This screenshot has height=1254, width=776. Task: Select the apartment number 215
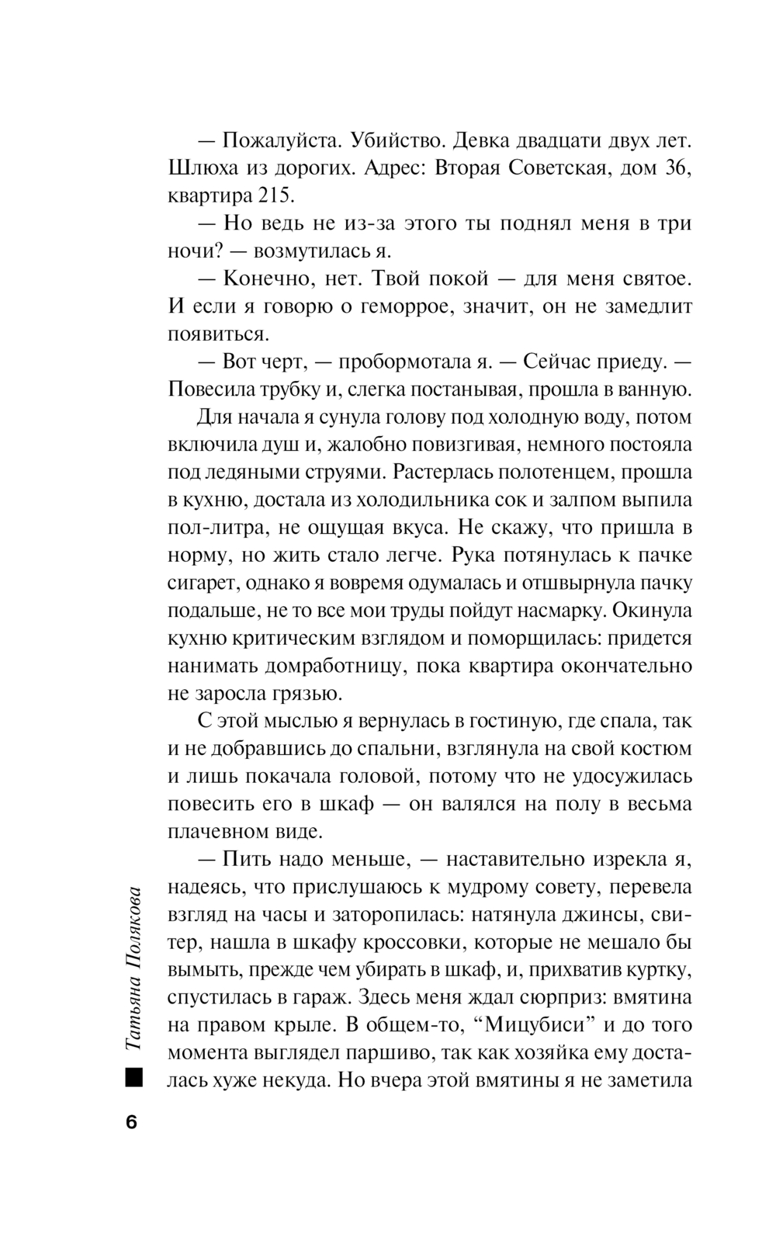tap(271, 196)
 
